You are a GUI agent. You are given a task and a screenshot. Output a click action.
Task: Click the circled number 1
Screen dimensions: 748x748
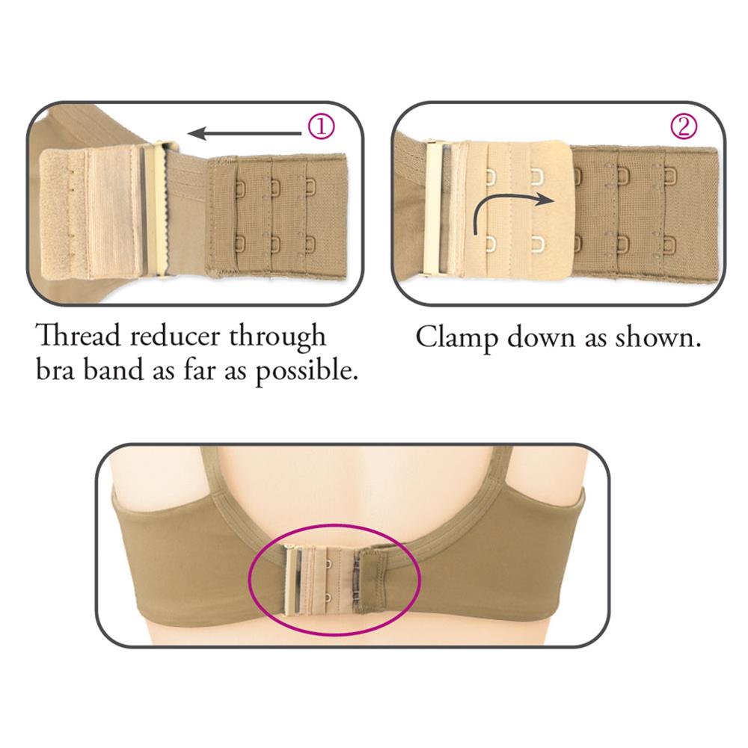click(320, 127)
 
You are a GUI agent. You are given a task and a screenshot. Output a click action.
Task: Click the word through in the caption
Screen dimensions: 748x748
click(278, 337)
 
